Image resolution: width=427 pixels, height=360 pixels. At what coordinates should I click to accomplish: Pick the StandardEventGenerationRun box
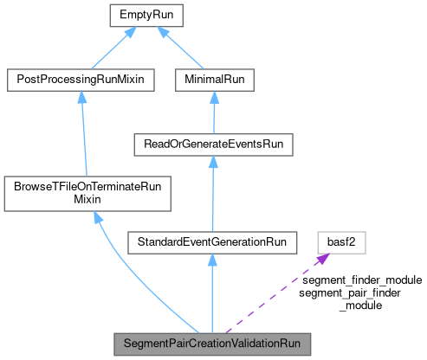[211, 241]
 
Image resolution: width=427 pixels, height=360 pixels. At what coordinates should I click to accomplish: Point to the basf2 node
[342, 241]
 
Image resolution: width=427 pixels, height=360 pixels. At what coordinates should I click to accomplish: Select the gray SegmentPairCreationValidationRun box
[211, 343]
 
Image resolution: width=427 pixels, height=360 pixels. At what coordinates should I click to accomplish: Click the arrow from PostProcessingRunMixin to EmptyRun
[107, 47]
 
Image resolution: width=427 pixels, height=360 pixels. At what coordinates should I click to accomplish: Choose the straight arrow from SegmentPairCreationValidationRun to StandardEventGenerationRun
[211, 294]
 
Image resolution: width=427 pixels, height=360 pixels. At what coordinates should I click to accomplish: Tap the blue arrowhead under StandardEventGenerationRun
[211, 260]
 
